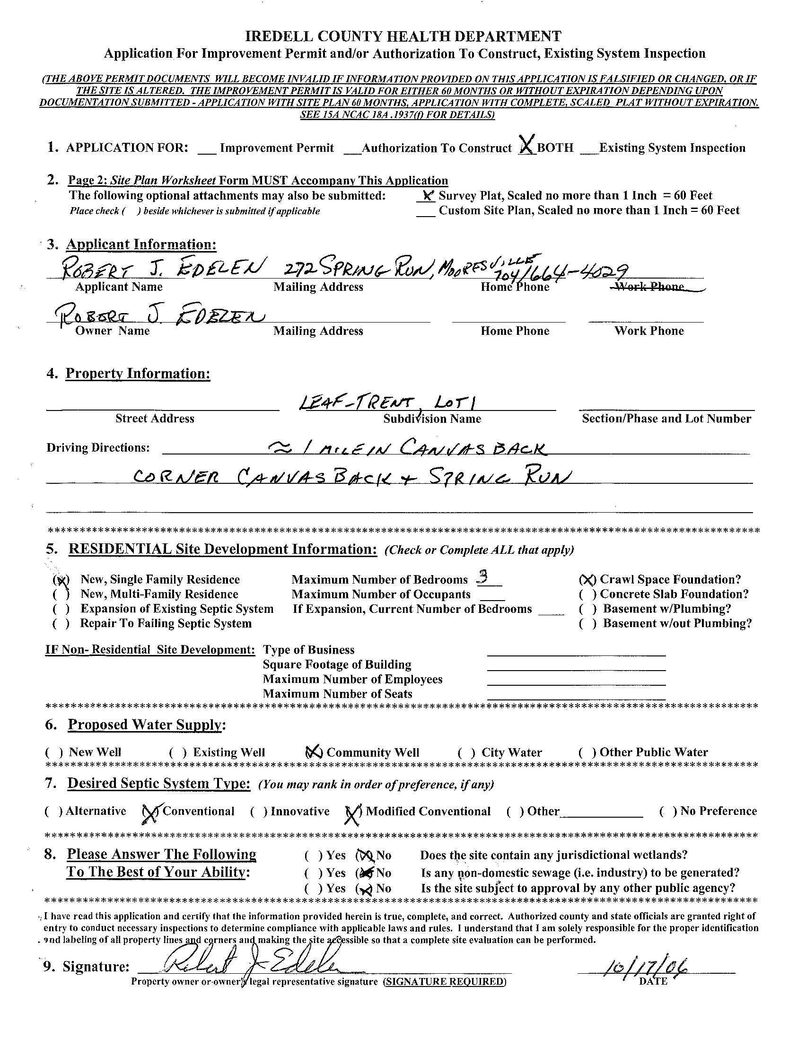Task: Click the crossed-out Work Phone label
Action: pyautogui.click(x=650, y=287)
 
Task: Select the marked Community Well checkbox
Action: pyautogui.click(x=314, y=752)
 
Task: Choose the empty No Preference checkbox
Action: pyautogui.click(x=668, y=812)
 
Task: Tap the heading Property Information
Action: pyautogui.click(x=138, y=374)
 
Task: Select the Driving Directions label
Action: pyautogui.click(x=97, y=448)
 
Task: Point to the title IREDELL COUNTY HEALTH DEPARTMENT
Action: pyautogui.click(x=403, y=36)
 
